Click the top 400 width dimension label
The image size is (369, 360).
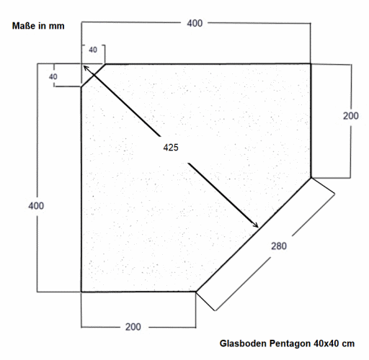pos(195,23)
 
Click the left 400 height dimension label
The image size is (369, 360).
pos(36,206)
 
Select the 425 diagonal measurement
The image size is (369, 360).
pos(171,148)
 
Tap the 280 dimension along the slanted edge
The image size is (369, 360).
pos(279,246)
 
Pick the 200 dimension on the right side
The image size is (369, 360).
pos(350,116)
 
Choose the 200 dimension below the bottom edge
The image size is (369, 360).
pos(133,327)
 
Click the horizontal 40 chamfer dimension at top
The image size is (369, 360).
pos(93,50)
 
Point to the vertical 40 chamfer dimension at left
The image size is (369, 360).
pos(53,76)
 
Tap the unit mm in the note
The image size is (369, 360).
pos(57,26)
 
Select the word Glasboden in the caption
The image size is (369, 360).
pos(243,343)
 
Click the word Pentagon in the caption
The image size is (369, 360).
pos(290,344)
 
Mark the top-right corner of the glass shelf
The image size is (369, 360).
pos(311,64)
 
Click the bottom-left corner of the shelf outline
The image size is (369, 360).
pos(81,292)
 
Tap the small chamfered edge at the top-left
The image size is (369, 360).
pos(93,76)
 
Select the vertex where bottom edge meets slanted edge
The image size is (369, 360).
pos(196,292)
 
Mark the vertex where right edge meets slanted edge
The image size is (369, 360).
pos(311,178)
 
